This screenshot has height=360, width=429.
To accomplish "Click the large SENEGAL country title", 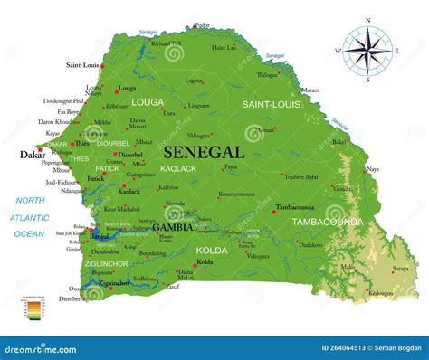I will [204, 153].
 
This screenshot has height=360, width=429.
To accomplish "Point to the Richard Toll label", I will [167, 43].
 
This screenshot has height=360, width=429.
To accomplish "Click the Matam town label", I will [310, 90].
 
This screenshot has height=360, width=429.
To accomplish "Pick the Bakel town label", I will [339, 141].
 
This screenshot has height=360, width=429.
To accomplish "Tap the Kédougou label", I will [381, 294].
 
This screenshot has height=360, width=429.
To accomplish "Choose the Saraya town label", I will [400, 269].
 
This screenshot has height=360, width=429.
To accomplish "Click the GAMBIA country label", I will [170, 227].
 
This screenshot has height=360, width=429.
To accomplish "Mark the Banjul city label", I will [99, 236].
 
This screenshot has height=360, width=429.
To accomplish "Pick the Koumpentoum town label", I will [236, 194].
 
